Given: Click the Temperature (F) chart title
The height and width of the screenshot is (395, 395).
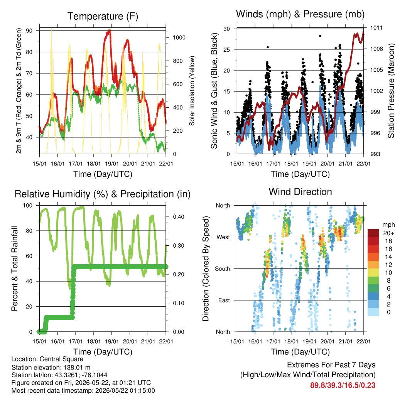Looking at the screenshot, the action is click(x=103, y=16).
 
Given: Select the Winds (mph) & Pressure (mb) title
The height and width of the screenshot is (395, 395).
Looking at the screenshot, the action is click(x=300, y=14).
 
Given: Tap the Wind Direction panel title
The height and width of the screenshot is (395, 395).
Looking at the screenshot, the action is click(x=300, y=192).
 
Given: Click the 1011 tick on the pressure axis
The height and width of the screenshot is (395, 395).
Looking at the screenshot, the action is click(x=376, y=28).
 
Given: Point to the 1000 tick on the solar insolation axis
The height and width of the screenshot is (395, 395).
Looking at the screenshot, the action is click(x=179, y=38).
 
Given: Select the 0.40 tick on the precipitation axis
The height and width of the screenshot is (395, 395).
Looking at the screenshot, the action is click(x=178, y=217).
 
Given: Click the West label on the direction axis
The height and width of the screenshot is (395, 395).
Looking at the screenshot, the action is click(x=223, y=237).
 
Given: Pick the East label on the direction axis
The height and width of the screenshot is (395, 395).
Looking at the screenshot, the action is click(x=224, y=300).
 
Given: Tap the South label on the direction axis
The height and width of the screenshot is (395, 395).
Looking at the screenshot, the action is click(x=223, y=269).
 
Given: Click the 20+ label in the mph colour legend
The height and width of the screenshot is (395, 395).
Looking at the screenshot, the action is click(x=388, y=233).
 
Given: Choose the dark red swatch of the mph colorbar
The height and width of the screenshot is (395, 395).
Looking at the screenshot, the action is click(x=373, y=233).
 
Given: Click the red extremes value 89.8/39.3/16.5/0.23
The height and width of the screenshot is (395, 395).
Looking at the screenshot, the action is click(x=343, y=385).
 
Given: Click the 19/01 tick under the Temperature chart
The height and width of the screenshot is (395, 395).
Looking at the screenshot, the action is click(x=112, y=164).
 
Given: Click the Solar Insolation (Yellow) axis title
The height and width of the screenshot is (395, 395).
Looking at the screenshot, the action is click(x=192, y=91).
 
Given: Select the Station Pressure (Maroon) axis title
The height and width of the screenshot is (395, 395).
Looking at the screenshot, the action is click(x=391, y=91).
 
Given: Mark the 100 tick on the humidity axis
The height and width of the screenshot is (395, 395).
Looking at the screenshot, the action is click(x=28, y=206).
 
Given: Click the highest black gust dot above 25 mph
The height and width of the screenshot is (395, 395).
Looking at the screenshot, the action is click(x=320, y=36).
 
